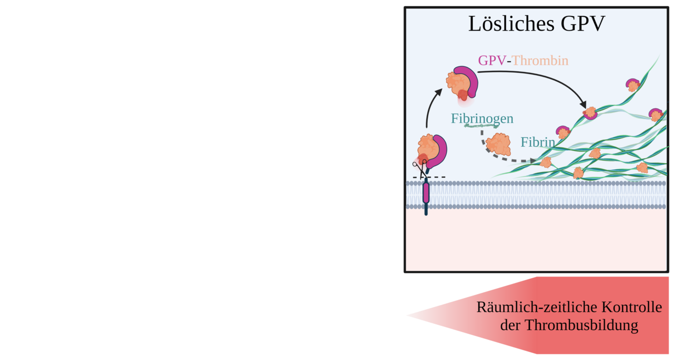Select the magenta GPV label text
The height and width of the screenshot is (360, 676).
492,61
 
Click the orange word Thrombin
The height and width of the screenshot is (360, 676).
540,61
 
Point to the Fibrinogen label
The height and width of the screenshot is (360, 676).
482,119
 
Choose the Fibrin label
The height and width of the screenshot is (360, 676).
538,142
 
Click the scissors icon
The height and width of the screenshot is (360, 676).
420,168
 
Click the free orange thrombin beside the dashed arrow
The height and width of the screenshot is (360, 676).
498,144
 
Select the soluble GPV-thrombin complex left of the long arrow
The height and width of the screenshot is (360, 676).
462,82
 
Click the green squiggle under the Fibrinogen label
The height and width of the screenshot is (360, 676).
481,126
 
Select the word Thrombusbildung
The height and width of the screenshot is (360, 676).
581,325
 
